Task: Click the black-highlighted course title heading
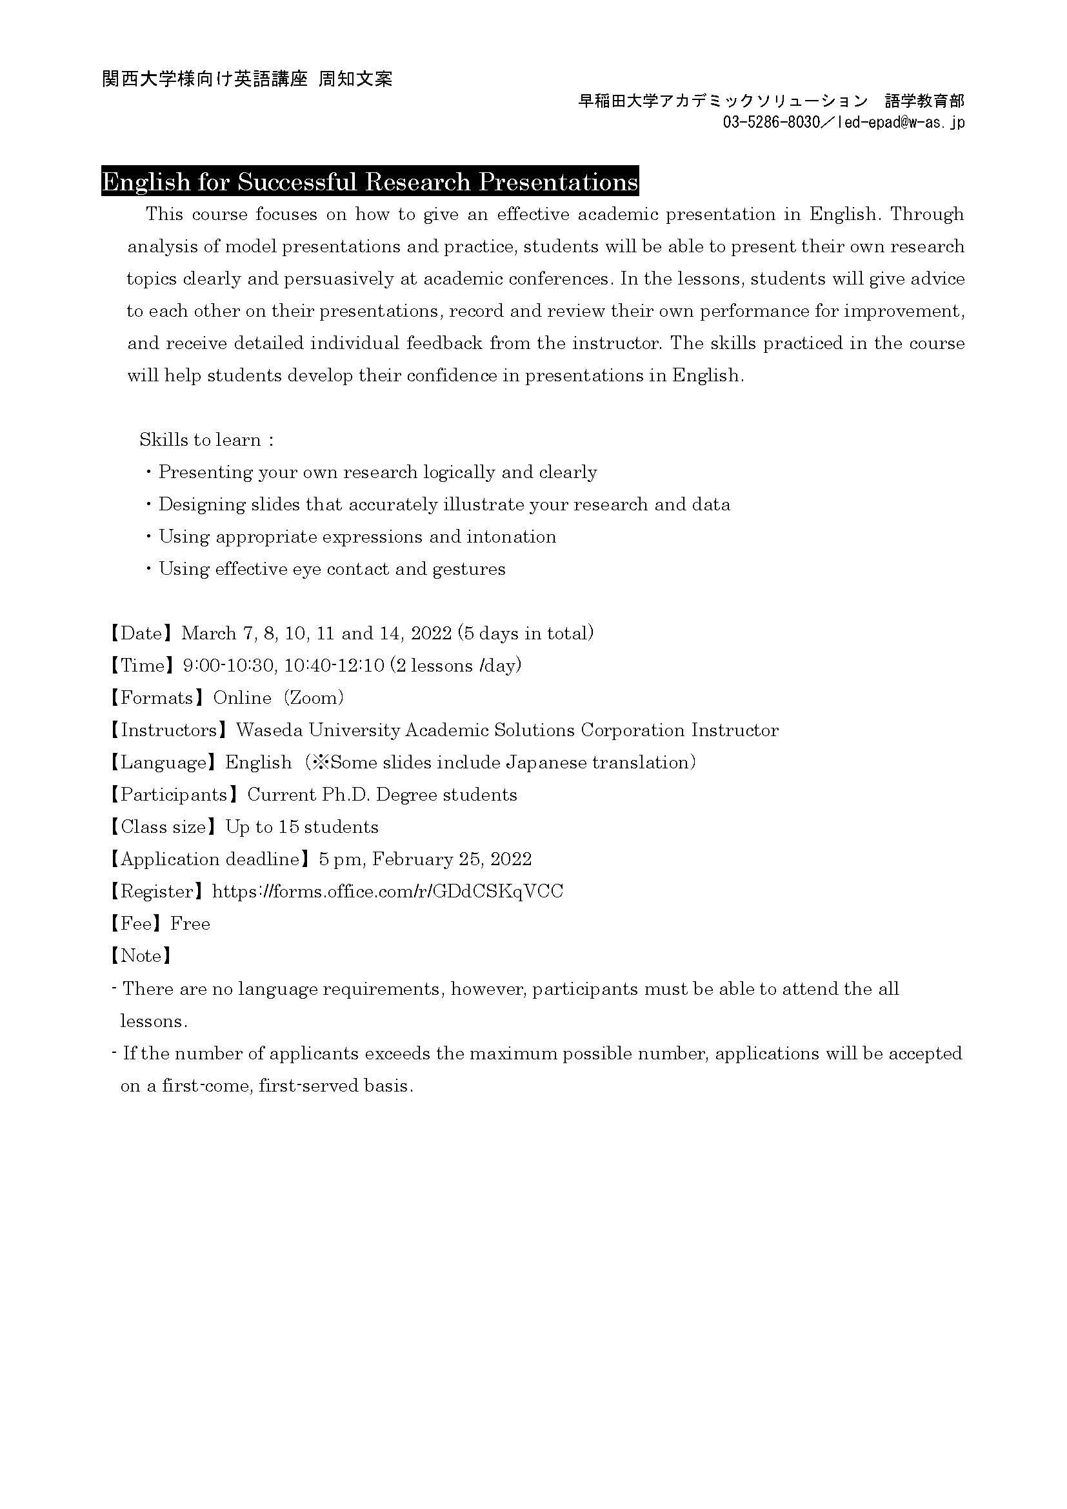click(370, 182)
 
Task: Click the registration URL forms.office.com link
click(388, 891)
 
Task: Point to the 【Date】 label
click(141, 633)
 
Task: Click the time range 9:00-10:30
click(228, 666)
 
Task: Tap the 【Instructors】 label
click(168, 730)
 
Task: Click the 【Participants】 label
click(174, 795)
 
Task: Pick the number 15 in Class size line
click(288, 827)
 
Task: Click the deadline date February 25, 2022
click(453, 859)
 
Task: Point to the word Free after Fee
click(190, 923)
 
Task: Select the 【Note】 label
click(141, 955)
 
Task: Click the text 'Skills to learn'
click(201, 440)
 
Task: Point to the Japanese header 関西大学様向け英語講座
click(205, 79)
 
